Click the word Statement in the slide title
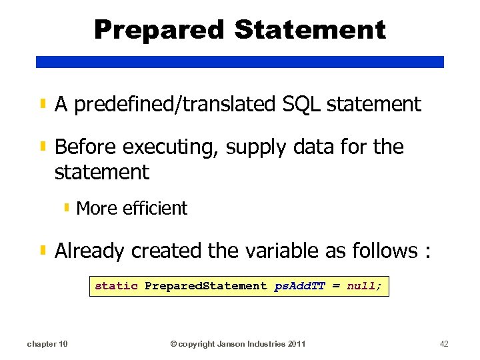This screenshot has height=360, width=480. coord(310,30)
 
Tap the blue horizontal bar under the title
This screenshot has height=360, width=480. coord(240,61)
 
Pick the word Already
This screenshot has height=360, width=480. coord(90,251)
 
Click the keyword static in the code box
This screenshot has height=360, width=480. coord(116,286)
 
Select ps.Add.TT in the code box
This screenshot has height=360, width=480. coord(299,286)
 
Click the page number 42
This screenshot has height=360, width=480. coord(444,344)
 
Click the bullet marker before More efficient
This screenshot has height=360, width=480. coord(67,208)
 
